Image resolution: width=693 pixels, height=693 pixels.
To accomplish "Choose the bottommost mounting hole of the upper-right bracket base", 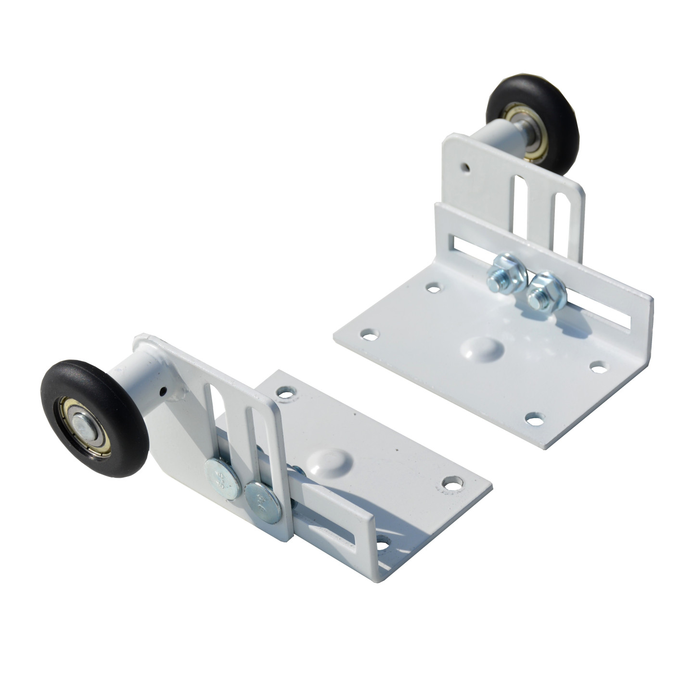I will [532, 417].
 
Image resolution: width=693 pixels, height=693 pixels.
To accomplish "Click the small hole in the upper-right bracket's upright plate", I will [464, 167].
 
